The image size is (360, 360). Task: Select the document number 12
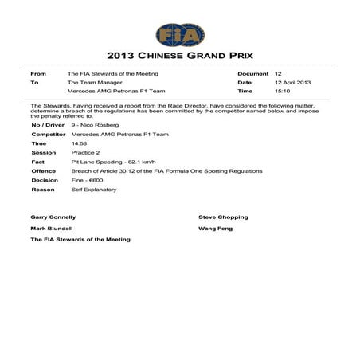277,72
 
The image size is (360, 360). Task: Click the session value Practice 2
84,152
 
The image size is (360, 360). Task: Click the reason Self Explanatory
92,190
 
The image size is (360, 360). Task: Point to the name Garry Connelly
53,217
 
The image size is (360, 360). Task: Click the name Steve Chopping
223,217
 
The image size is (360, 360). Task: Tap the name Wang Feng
216,228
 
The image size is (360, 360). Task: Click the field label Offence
43,170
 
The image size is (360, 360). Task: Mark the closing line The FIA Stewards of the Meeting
80,239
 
